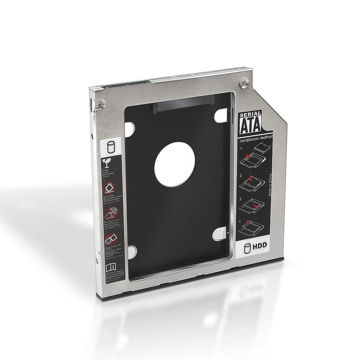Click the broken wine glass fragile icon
(107, 163)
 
